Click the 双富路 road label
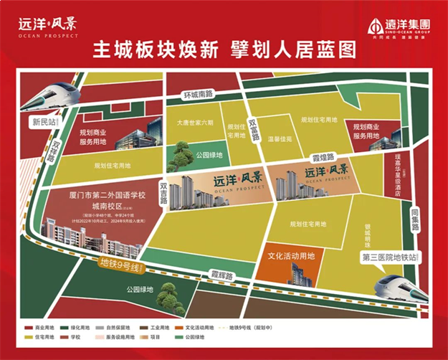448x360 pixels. click(252, 130)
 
